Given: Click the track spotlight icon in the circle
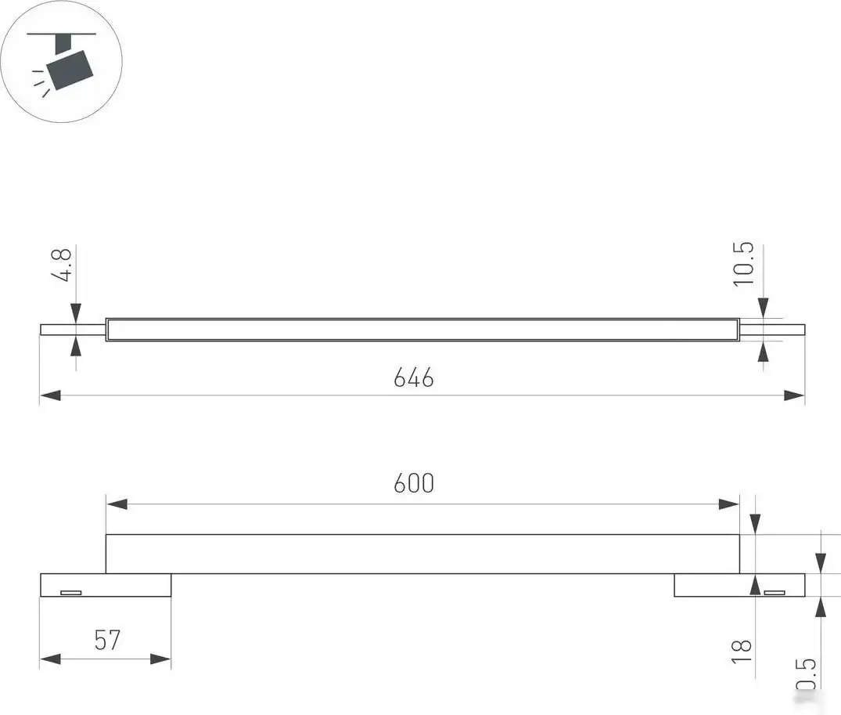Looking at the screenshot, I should point(63,61).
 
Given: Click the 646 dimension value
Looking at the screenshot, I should point(413,378).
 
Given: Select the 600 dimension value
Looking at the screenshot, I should point(413,484).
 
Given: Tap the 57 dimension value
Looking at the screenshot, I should point(107,641).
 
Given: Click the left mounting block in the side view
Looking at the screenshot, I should point(106,585).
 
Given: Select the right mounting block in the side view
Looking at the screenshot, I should point(739,585).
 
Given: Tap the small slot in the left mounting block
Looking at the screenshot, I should point(71,592).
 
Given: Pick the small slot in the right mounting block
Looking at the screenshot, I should point(775,592).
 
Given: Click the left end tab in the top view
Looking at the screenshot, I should point(73,330).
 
